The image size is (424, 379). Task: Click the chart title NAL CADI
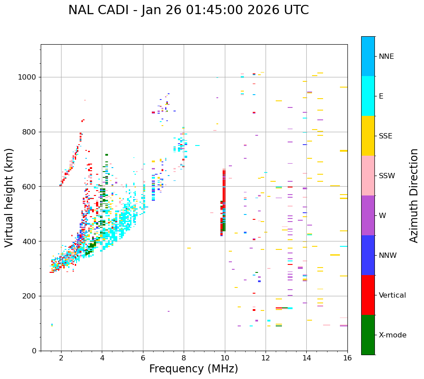point(188,10)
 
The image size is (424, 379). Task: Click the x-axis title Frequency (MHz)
point(193,369)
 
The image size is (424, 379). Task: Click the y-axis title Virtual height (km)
point(9,198)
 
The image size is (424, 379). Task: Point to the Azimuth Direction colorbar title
point(414,195)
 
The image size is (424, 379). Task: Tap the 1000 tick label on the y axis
point(27,77)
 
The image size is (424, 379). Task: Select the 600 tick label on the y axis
point(29,187)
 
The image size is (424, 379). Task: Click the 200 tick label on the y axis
point(29,296)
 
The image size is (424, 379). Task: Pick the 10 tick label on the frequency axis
point(225,358)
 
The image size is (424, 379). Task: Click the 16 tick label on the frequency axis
point(347,358)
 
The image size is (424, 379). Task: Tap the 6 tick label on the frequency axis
point(143,358)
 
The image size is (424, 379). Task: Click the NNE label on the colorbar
point(386,57)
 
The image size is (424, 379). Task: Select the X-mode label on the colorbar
point(392,335)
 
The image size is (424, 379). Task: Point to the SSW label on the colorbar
point(387,176)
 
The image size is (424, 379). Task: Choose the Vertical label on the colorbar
point(392,295)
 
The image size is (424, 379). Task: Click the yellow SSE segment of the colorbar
point(368,136)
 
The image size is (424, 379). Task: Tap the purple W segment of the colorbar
point(368,215)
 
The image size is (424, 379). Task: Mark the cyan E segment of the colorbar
point(368,96)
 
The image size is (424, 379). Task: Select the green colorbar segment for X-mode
point(368,335)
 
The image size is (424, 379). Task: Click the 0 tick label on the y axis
point(34,351)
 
